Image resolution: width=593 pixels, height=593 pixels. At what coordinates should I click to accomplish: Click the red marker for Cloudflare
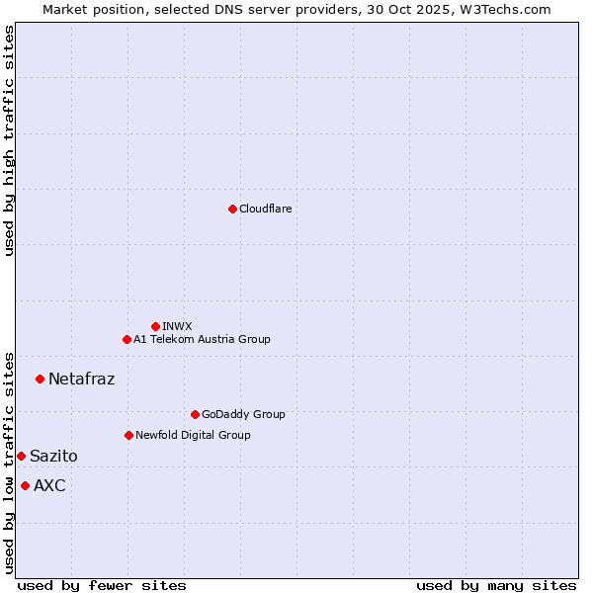click(x=232, y=209)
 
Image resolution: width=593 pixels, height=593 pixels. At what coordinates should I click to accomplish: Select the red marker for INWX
click(x=155, y=326)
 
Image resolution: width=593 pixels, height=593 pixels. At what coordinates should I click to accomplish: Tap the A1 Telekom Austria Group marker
click(x=127, y=339)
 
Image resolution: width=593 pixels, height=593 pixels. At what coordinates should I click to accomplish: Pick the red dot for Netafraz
click(x=40, y=379)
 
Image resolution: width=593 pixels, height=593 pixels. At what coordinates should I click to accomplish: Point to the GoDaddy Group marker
click(x=195, y=414)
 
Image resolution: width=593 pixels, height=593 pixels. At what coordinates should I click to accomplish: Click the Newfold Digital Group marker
click(x=128, y=435)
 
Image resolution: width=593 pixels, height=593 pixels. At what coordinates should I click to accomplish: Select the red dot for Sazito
click(x=21, y=456)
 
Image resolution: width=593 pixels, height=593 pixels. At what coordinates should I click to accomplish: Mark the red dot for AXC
click(x=25, y=485)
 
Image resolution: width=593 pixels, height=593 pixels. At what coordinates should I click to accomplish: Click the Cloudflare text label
click(x=265, y=209)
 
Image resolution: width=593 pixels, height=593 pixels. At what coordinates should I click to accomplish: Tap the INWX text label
click(x=177, y=326)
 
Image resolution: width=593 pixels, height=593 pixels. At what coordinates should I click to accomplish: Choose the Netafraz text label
click(x=81, y=379)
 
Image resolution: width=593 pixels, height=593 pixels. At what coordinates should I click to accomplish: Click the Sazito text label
click(x=53, y=456)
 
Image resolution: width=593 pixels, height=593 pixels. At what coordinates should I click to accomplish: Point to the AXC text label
click(x=49, y=485)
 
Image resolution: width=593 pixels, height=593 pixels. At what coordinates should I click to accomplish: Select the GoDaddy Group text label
click(x=242, y=414)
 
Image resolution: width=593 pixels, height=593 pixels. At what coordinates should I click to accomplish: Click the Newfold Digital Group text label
click(x=193, y=435)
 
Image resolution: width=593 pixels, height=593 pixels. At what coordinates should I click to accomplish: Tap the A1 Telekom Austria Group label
click(x=202, y=339)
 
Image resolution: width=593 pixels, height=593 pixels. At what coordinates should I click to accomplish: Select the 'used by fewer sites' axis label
click(x=102, y=585)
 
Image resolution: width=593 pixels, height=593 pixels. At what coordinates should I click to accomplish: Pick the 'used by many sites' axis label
click(x=496, y=585)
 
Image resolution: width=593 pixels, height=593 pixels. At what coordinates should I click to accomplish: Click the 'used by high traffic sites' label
click(x=10, y=140)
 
